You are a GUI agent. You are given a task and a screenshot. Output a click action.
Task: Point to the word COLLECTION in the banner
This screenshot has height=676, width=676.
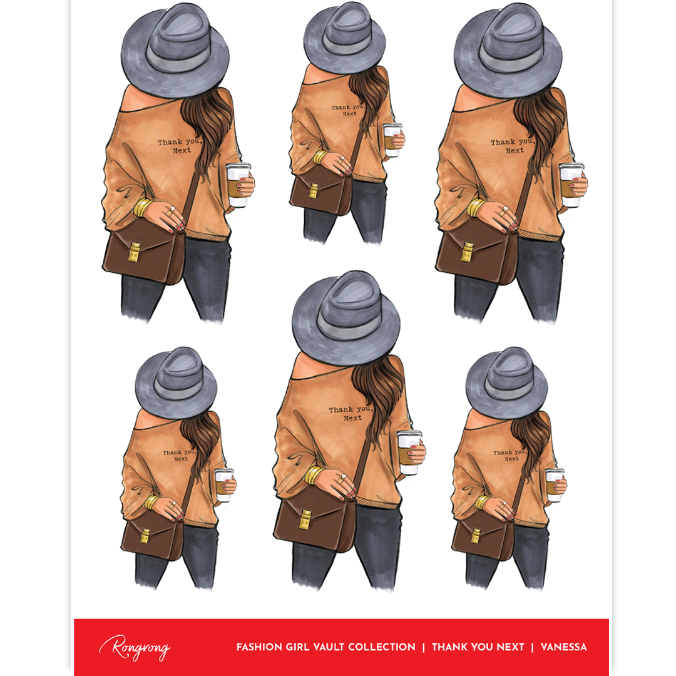pos(382,647)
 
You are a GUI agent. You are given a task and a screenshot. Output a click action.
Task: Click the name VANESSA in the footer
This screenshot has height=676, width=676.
pos(563,647)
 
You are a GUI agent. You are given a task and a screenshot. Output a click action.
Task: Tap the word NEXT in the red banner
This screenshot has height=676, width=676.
pos(510,647)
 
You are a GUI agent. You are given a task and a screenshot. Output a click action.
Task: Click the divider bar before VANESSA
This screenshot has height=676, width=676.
pos(533,647)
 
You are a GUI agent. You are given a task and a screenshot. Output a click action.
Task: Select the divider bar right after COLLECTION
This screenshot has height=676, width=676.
pos(423,647)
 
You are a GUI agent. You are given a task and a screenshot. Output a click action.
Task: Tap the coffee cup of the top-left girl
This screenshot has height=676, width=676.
pos(238,184)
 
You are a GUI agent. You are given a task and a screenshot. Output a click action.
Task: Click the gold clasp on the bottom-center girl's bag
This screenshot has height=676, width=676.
pos(305,519)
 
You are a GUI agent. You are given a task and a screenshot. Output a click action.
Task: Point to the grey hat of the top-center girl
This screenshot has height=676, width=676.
pos(344,38)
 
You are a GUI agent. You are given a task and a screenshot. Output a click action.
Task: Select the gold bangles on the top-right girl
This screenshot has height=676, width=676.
pos(475,207)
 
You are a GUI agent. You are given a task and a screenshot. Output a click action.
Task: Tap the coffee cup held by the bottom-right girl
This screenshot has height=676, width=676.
pos(555,484)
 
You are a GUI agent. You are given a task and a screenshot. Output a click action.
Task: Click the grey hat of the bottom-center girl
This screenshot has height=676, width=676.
pos(346,318)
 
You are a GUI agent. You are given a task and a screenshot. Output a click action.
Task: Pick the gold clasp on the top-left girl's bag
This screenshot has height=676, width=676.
pos(135,252)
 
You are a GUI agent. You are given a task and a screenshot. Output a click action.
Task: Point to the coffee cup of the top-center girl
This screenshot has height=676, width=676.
pos(392,140)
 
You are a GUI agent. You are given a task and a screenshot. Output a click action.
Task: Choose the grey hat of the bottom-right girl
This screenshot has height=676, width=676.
pos(506,384)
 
